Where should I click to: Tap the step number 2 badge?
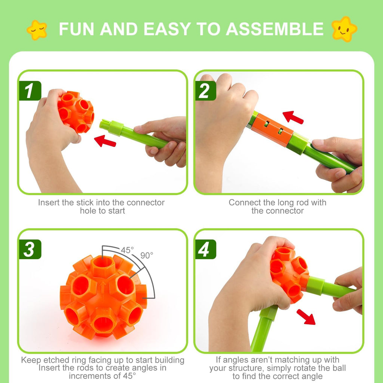tap(205, 91)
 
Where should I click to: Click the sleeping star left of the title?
tap(37, 30)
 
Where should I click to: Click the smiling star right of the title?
tap(344, 29)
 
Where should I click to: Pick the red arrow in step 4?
tap(306, 316)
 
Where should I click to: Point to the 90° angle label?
tap(147, 255)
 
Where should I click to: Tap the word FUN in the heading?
tap(77, 30)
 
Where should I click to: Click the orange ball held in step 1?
tap(76, 111)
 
